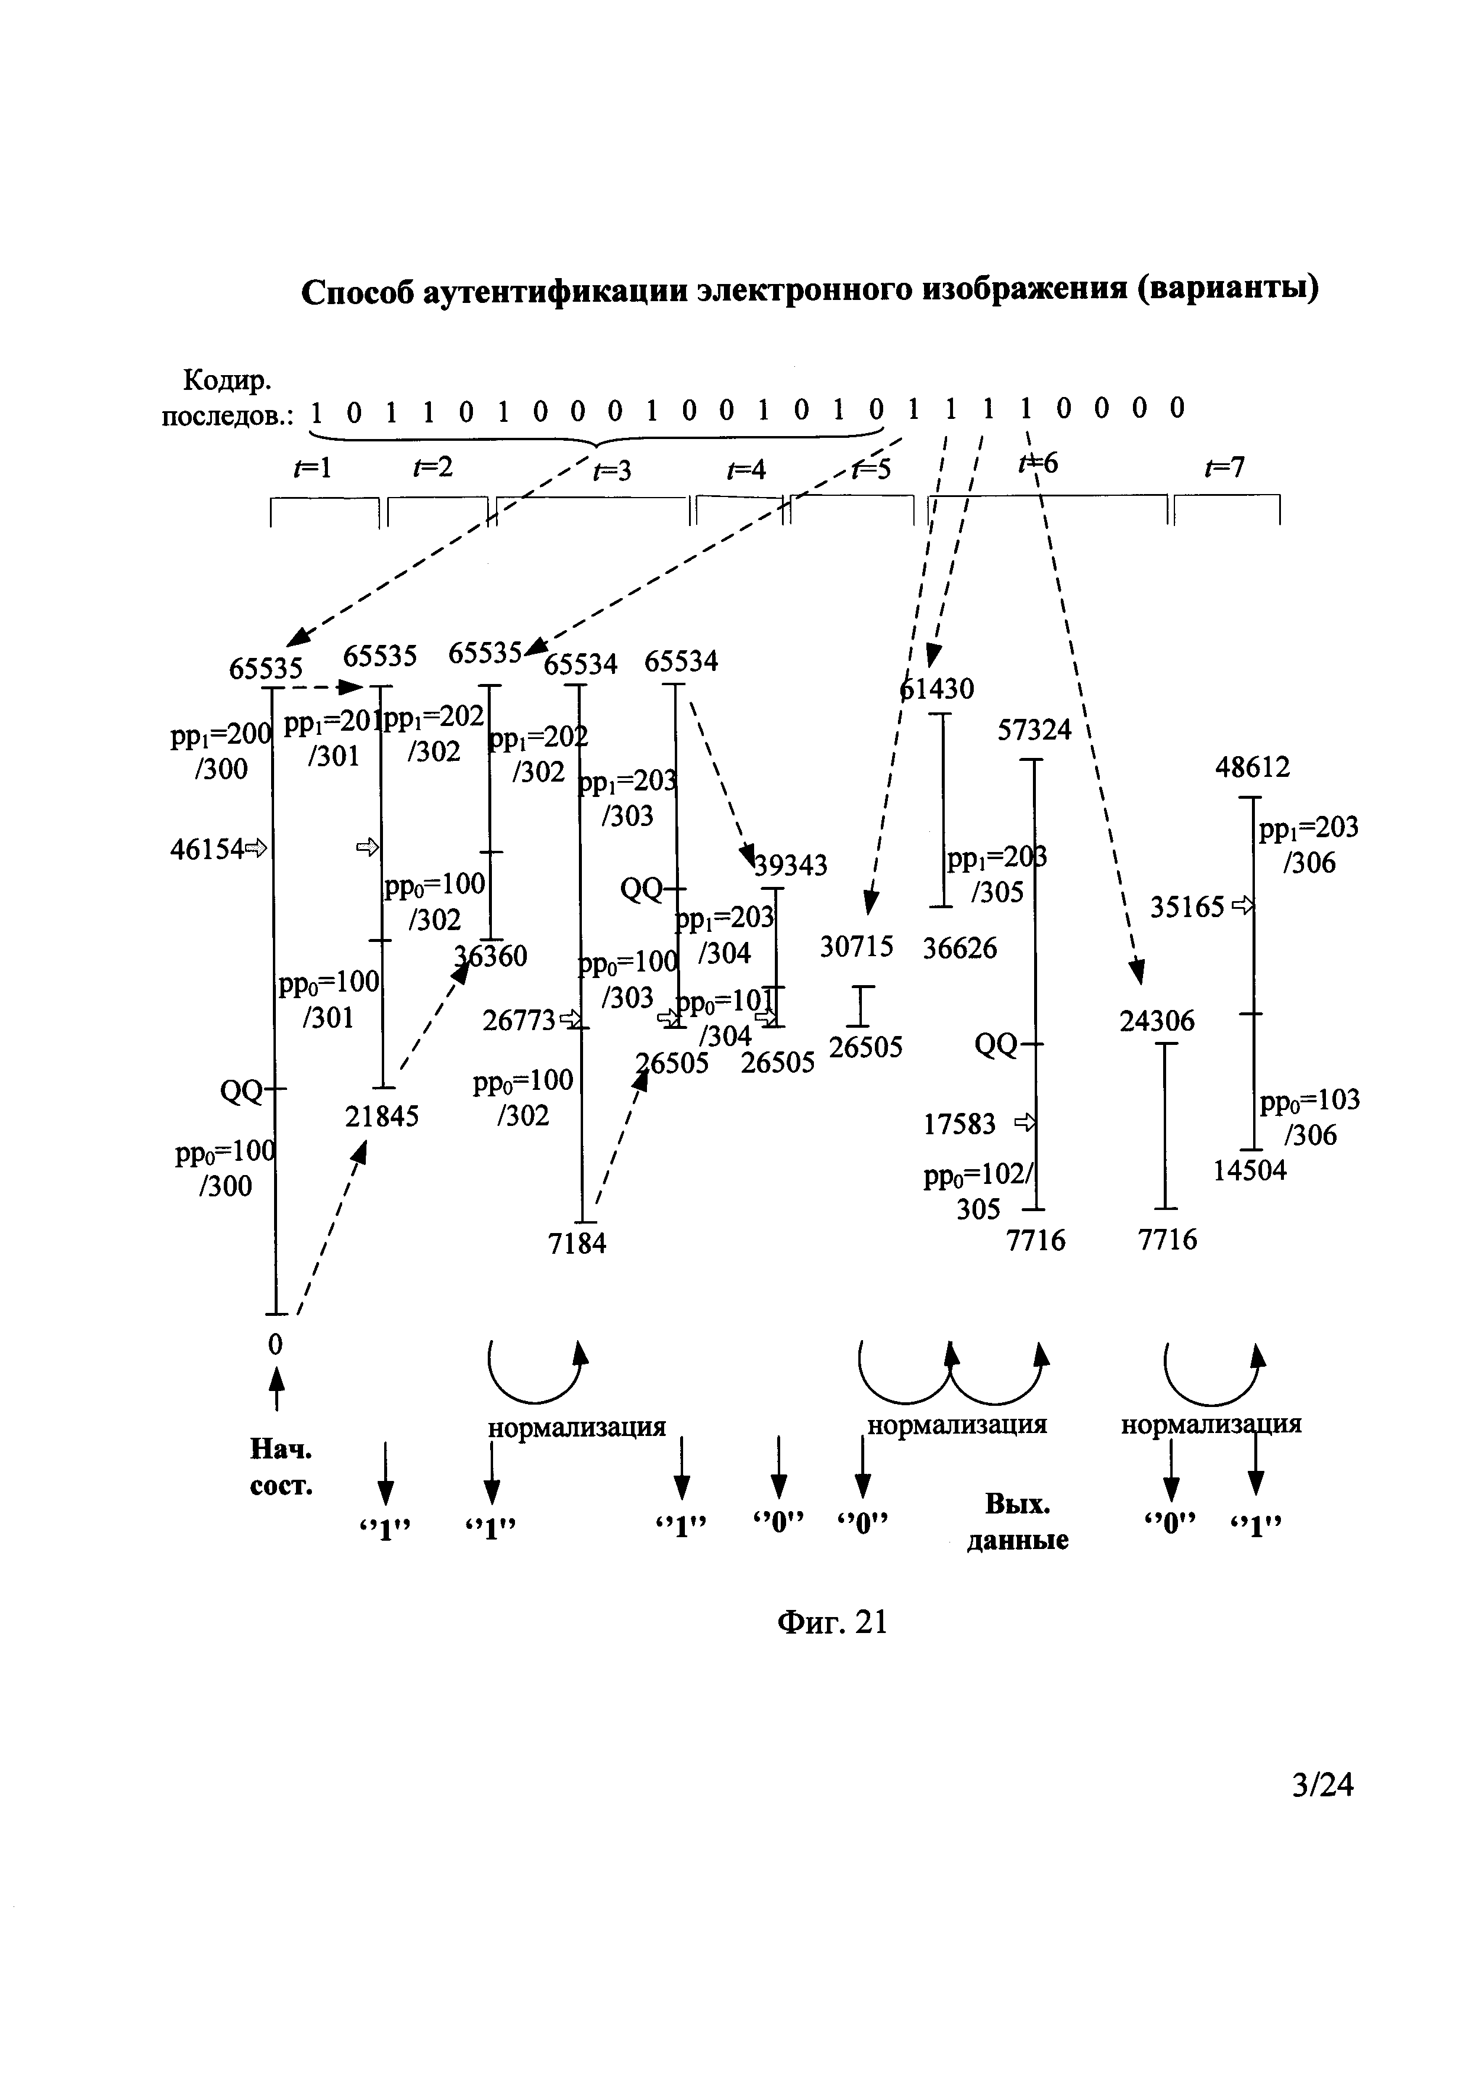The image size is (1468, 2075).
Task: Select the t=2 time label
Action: pyautogui.click(x=432, y=467)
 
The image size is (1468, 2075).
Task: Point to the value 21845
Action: pyautogui.click(x=381, y=1118)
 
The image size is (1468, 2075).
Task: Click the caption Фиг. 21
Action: pyautogui.click(x=832, y=1623)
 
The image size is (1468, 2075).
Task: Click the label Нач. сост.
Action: pyautogui.click(x=281, y=1469)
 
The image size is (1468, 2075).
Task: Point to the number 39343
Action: pyautogui.click(x=791, y=866)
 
